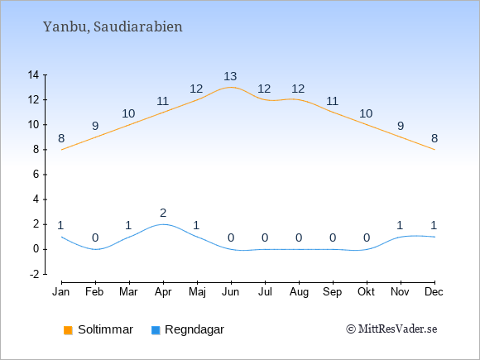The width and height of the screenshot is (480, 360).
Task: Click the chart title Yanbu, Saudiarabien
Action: pyautogui.click(x=113, y=26)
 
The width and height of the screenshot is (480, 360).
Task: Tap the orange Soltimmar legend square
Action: pyautogui.click(x=68, y=330)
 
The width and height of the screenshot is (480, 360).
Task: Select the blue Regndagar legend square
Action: pyautogui.click(x=156, y=330)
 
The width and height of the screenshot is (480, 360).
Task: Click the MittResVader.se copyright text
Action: pyautogui.click(x=391, y=329)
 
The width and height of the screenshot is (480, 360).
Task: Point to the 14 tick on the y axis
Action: pyautogui.click(x=33, y=74)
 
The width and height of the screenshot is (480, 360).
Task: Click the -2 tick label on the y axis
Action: pyautogui.click(x=34, y=274)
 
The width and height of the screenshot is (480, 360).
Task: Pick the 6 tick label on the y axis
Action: pyautogui.click(x=36, y=175)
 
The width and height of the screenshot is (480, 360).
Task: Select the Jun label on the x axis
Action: pyautogui.click(x=231, y=292)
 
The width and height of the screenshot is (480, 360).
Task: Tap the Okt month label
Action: pyautogui.click(x=366, y=292)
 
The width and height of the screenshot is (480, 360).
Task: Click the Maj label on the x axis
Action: pyautogui.click(x=197, y=292)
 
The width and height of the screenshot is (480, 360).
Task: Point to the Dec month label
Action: pyautogui.click(x=434, y=292)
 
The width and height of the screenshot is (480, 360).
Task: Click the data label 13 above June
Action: pyautogui.click(x=230, y=76)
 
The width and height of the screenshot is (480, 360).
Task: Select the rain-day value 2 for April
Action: pyautogui.click(x=163, y=213)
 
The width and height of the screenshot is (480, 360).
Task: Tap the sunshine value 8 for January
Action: pyautogui.click(x=61, y=138)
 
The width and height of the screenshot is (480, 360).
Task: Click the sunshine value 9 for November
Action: pyautogui.click(x=401, y=126)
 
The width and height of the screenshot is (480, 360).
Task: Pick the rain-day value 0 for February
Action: pyautogui.click(x=95, y=238)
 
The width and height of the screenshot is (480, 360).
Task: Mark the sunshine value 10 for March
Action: pyautogui.click(x=128, y=113)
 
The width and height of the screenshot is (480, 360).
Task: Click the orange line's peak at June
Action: pyautogui.click(x=231, y=87)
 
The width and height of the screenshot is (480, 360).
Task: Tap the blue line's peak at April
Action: pyautogui.click(x=163, y=224)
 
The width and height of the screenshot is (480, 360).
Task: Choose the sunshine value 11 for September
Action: pyautogui.click(x=332, y=101)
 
